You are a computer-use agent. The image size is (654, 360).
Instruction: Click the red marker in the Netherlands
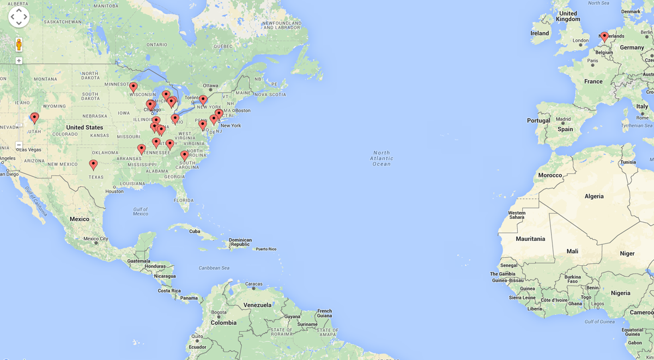point(604,36)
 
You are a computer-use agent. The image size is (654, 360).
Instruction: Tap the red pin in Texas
point(93,164)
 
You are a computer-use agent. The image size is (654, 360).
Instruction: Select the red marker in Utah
point(34,117)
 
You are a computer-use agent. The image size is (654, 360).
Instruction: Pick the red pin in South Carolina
point(184,155)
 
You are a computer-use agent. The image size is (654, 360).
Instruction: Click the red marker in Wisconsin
point(133,87)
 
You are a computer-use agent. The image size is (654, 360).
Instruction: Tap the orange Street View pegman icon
point(19,44)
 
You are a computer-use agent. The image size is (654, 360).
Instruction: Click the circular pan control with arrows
point(19,17)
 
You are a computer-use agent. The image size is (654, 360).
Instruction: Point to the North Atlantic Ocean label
point(381,158)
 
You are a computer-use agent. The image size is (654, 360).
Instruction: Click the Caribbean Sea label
point(214,268)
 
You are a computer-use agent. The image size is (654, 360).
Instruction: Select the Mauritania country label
point(530,239)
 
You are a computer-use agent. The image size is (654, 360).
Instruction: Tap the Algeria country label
point(594,196)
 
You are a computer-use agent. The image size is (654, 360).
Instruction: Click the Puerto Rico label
point(266,249)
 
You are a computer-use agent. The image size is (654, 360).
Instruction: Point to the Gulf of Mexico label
point(141,211)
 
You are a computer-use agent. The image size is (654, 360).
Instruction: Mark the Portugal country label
point(538,120)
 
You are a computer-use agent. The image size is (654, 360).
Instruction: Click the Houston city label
point(114,191)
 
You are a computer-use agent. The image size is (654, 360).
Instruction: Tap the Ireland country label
point(540,33)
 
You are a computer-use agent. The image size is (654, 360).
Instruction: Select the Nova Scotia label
point(270,94)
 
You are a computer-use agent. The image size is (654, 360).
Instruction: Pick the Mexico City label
point(95,239)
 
